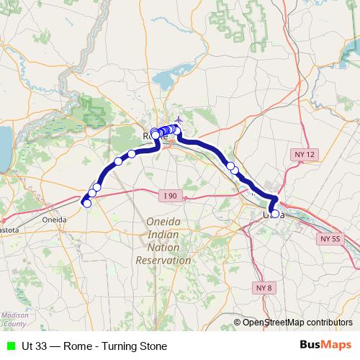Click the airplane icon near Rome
(x=179, y=120)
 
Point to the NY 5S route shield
(x=330, y=238)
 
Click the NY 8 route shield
(x=264, y=288)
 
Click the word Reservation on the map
(x=163, y=261)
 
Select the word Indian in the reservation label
(x=163, y=235)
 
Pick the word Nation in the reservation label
(x=163, y=248)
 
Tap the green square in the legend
(x=9, y=346)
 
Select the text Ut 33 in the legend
(x=33, y=346)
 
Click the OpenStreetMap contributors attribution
(x=297, y=322)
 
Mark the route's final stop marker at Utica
(x=274, y=214)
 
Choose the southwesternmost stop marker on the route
(x=87, y=204)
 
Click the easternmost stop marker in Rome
(x=177, y=130)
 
